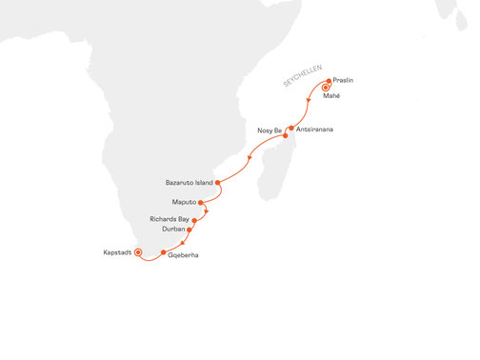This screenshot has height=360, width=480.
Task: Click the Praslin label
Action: click(345, 81)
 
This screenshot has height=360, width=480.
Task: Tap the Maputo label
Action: click(184, 203)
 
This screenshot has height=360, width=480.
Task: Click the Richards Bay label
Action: click(170, 219)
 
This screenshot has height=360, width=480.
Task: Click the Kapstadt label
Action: click(118, 252)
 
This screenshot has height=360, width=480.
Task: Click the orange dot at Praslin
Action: click(329, 81)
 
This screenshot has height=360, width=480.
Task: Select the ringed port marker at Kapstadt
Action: click(138, 252)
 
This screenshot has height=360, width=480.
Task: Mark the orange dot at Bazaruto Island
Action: click(217, 181)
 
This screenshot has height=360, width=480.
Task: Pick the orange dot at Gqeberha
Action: click(164, 252)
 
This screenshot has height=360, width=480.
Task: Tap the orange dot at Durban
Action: click(190, 230)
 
